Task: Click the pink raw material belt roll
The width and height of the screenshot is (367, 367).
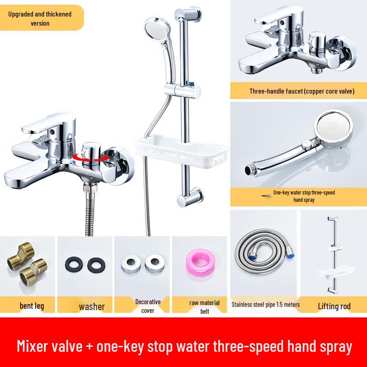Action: coord(200,265)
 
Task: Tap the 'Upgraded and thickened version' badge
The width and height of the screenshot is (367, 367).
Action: coord(40,18)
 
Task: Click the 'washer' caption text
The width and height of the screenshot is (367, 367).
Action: coord(92,306)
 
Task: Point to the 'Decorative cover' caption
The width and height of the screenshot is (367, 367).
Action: coord(148,306)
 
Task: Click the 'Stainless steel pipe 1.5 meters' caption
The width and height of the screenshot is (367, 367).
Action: coord(266,304)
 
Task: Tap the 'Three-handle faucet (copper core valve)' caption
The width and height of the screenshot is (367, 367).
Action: coord(302,91)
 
